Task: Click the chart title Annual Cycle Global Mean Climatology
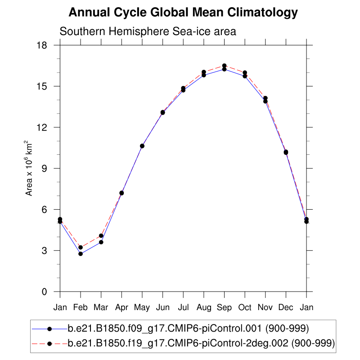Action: point(183,13)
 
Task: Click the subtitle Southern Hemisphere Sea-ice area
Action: point(148,31)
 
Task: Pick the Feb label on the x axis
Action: point(81,307)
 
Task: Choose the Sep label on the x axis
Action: point(224,307)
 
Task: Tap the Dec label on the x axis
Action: point(286,307)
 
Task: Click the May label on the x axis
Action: point(142,307)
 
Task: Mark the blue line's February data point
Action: point(81,254)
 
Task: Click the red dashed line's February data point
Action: point(81,247)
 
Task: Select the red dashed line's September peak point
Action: point(224,66)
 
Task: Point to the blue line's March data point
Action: point(101,242)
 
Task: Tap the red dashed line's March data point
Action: point(101,235)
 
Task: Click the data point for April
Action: point(121,193)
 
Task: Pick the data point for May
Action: point(142,146)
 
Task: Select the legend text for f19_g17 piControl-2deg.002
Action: point(201,343)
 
